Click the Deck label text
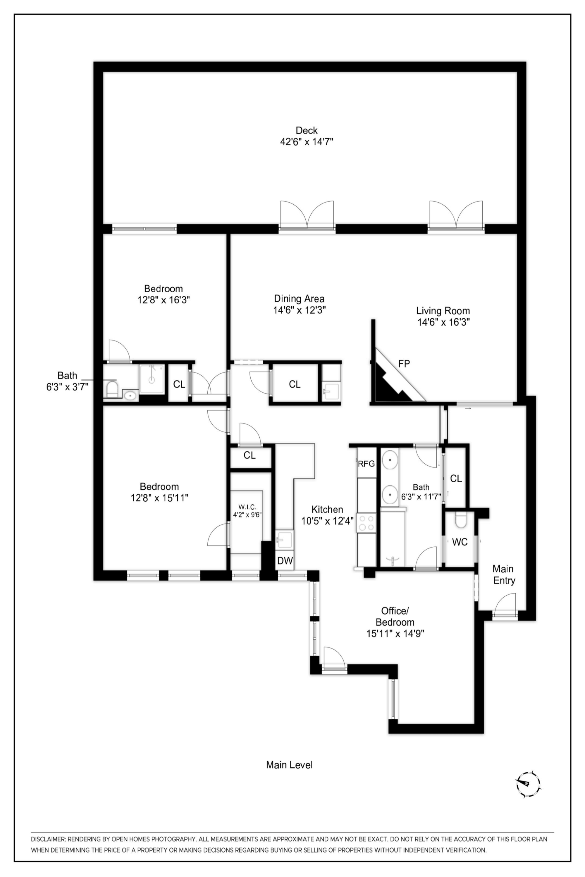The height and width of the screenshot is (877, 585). pos(307,130)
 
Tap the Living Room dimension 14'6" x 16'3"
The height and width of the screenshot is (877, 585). pos(443,322)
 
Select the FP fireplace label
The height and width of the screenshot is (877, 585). pos(404,364)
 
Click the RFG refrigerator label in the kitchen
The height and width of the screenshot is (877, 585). pos(367,464)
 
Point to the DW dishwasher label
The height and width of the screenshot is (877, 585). pos(285,561)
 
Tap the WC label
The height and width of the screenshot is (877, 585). pos(460,542)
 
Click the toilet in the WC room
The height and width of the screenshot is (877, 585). pos(461,519)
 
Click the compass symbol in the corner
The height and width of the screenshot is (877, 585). pos(529,783)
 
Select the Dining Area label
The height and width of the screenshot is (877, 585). pos(299,299)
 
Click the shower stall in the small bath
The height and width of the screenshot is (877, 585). pos(152,379)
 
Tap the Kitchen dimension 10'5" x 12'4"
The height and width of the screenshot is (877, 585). pos(328,521)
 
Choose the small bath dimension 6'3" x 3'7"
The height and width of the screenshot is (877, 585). pos(67,387)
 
